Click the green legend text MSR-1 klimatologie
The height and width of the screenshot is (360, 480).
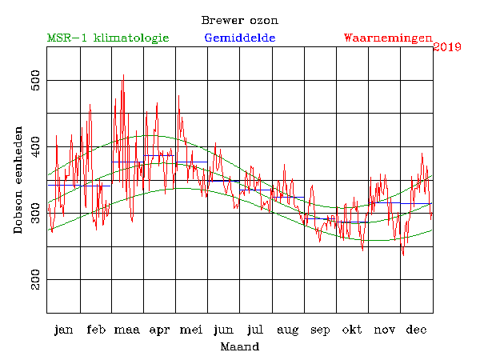tap(107, 38)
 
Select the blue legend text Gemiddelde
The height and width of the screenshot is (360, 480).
tap(240, 38)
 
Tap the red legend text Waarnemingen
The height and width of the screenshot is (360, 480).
tap(387, 38)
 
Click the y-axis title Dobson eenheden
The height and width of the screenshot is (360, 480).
tap(18, 180)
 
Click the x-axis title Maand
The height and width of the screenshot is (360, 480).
tap(239, 347)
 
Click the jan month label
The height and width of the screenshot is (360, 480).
tap(63, 330)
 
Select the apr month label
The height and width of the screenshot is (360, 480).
tap(160, 330)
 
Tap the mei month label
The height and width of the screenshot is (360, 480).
tap(191, 330)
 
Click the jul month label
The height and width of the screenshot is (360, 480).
tap(255, 330)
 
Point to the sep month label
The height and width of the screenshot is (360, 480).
tap(319, 330)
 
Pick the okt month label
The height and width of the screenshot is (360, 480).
tap(352, 330)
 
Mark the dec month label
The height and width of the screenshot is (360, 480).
tap(416, 330)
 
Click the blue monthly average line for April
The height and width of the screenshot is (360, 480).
tap(160, 156)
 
